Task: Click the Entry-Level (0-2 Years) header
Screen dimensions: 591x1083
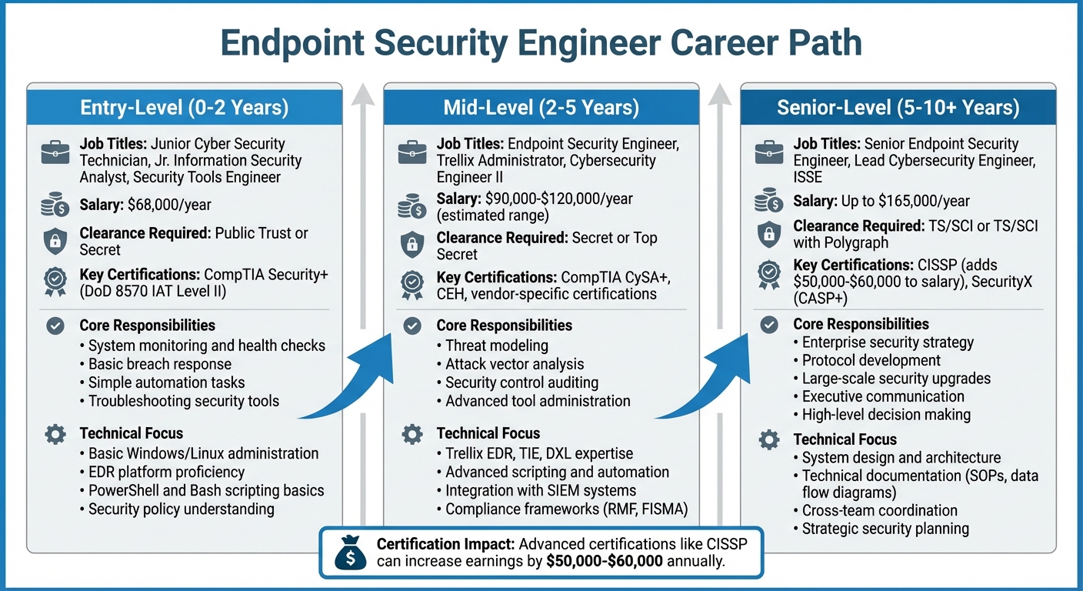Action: pos(184,107)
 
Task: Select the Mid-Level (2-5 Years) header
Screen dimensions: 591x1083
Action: pos(541,107)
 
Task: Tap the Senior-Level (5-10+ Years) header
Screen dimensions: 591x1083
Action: pos(898,107)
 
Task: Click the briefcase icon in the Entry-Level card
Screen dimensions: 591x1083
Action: pos(55,153)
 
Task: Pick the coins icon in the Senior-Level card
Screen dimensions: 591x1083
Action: pos(768,202)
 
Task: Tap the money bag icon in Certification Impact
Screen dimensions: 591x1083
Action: pos(350,553)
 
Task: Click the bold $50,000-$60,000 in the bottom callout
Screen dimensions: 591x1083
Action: pos(605,561)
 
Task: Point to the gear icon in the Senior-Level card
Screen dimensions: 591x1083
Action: pos(768,439)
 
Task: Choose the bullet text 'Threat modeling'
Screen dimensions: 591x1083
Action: pos(497,346)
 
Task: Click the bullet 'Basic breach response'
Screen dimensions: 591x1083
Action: pos(159,364)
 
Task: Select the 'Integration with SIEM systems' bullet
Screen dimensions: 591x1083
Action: pos(541,490)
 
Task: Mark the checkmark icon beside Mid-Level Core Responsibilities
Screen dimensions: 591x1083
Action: pos(412,326)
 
